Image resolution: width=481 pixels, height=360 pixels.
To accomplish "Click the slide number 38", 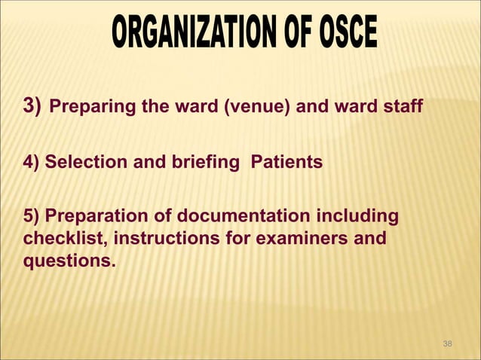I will (448, 343).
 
